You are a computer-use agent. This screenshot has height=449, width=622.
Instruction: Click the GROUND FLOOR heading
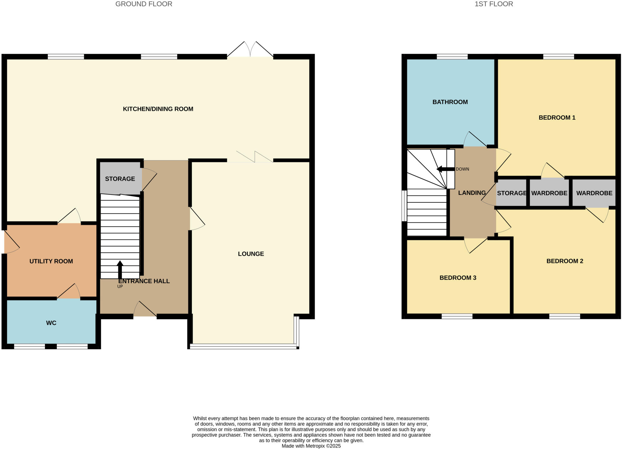(x=144, y=4)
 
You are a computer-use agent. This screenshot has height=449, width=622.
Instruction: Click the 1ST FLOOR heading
(x=494, y=4)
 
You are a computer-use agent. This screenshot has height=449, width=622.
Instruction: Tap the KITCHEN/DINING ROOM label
(x=158, y=109)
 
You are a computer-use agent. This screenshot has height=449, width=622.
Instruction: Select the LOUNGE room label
(x=251, y=254)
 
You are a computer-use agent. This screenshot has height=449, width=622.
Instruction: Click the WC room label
(x=51, y=323)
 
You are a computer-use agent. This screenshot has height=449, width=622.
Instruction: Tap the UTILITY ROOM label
(x=51, y=261)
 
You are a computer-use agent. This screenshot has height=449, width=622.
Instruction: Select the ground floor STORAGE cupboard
(x=120, y=179)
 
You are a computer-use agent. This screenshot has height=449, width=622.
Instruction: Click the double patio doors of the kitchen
(x=250, y=50)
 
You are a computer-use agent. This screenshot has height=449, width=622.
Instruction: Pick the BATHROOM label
(x=450, y=102)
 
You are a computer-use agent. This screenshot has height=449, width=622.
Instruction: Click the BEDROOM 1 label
(x=557, y=117)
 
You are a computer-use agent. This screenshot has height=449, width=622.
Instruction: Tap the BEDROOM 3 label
(x=458, y=278)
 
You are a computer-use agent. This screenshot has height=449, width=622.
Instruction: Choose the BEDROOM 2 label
(x=565, y=261)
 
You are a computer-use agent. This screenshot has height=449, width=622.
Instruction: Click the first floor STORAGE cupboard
(x=511, y=193)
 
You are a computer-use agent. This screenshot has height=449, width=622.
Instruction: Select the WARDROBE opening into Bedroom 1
(x=549, y=193)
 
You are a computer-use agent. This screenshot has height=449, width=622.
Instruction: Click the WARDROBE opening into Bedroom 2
(x=594, y=193)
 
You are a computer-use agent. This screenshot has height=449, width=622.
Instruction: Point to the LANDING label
(x=472, y=193)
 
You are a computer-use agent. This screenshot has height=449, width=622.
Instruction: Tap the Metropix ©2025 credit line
(x=311, y=446)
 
